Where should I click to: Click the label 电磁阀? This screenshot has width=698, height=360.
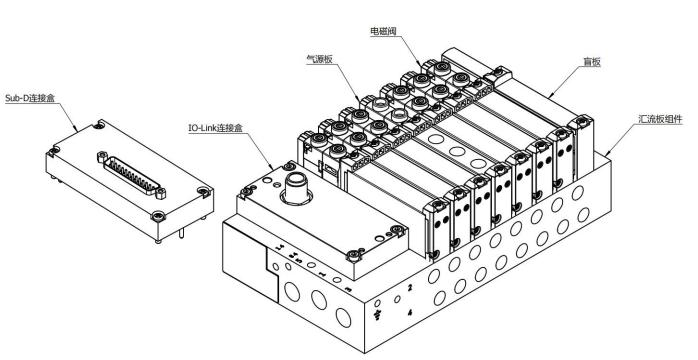point(383,31)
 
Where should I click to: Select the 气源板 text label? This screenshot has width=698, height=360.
point(319,59)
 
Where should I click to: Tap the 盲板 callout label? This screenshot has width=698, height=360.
point(592,62)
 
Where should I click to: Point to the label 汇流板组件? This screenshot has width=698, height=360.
point(660,119)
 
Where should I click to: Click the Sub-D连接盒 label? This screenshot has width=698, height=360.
point(30,98)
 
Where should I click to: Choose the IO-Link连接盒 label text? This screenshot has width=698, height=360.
point(215,128)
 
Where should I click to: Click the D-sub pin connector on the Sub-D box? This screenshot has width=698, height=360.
point(131,175)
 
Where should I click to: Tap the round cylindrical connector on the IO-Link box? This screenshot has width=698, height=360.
point(296,188)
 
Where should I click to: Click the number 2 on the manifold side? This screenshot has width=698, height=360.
point(410,287)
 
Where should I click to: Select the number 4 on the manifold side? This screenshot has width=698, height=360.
point(410,313)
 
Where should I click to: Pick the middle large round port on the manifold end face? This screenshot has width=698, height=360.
point(319,299)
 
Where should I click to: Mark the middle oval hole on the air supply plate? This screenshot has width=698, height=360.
point(457,151)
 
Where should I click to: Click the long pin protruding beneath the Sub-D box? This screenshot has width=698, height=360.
point(182,233)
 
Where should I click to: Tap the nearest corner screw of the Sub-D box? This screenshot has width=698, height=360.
point(158,217)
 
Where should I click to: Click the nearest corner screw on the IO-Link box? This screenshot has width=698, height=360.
point(353,255)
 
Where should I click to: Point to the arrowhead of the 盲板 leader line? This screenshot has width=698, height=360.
point(548,97)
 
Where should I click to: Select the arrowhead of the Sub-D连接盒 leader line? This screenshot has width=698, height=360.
point(77,130)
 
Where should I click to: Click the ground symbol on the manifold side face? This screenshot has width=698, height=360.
point(378,316)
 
